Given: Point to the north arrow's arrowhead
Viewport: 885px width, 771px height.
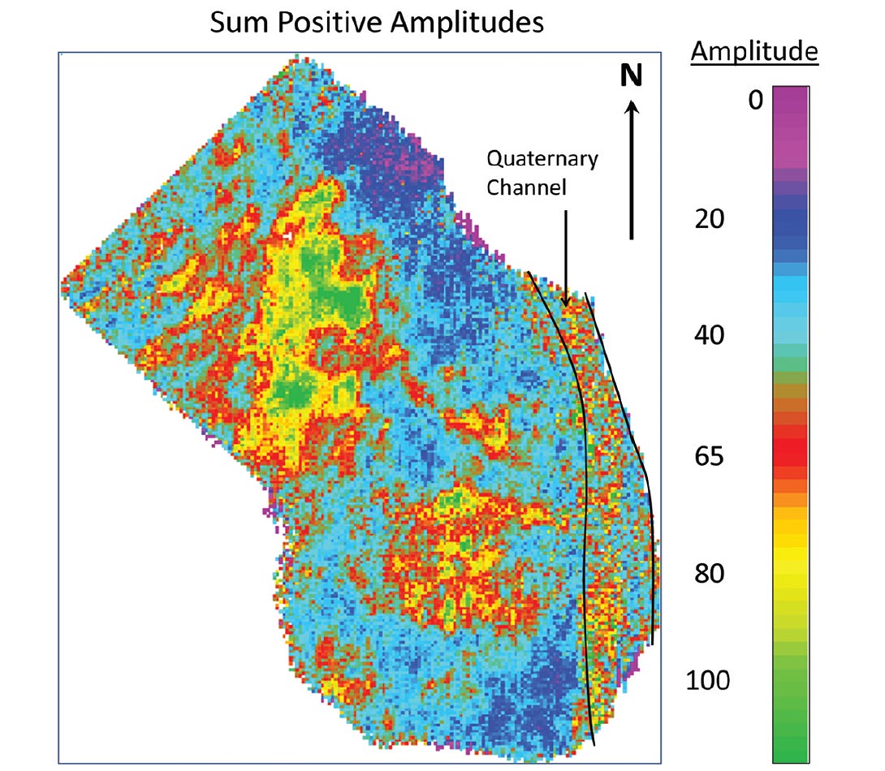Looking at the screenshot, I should (632, 106).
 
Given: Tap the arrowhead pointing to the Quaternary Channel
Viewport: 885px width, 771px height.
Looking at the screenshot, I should (566, 302).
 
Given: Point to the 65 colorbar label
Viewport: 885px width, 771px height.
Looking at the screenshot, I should (710, 456).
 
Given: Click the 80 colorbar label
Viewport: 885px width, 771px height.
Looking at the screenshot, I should (710, 574).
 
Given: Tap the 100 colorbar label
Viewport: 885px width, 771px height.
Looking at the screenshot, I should (708, 680).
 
